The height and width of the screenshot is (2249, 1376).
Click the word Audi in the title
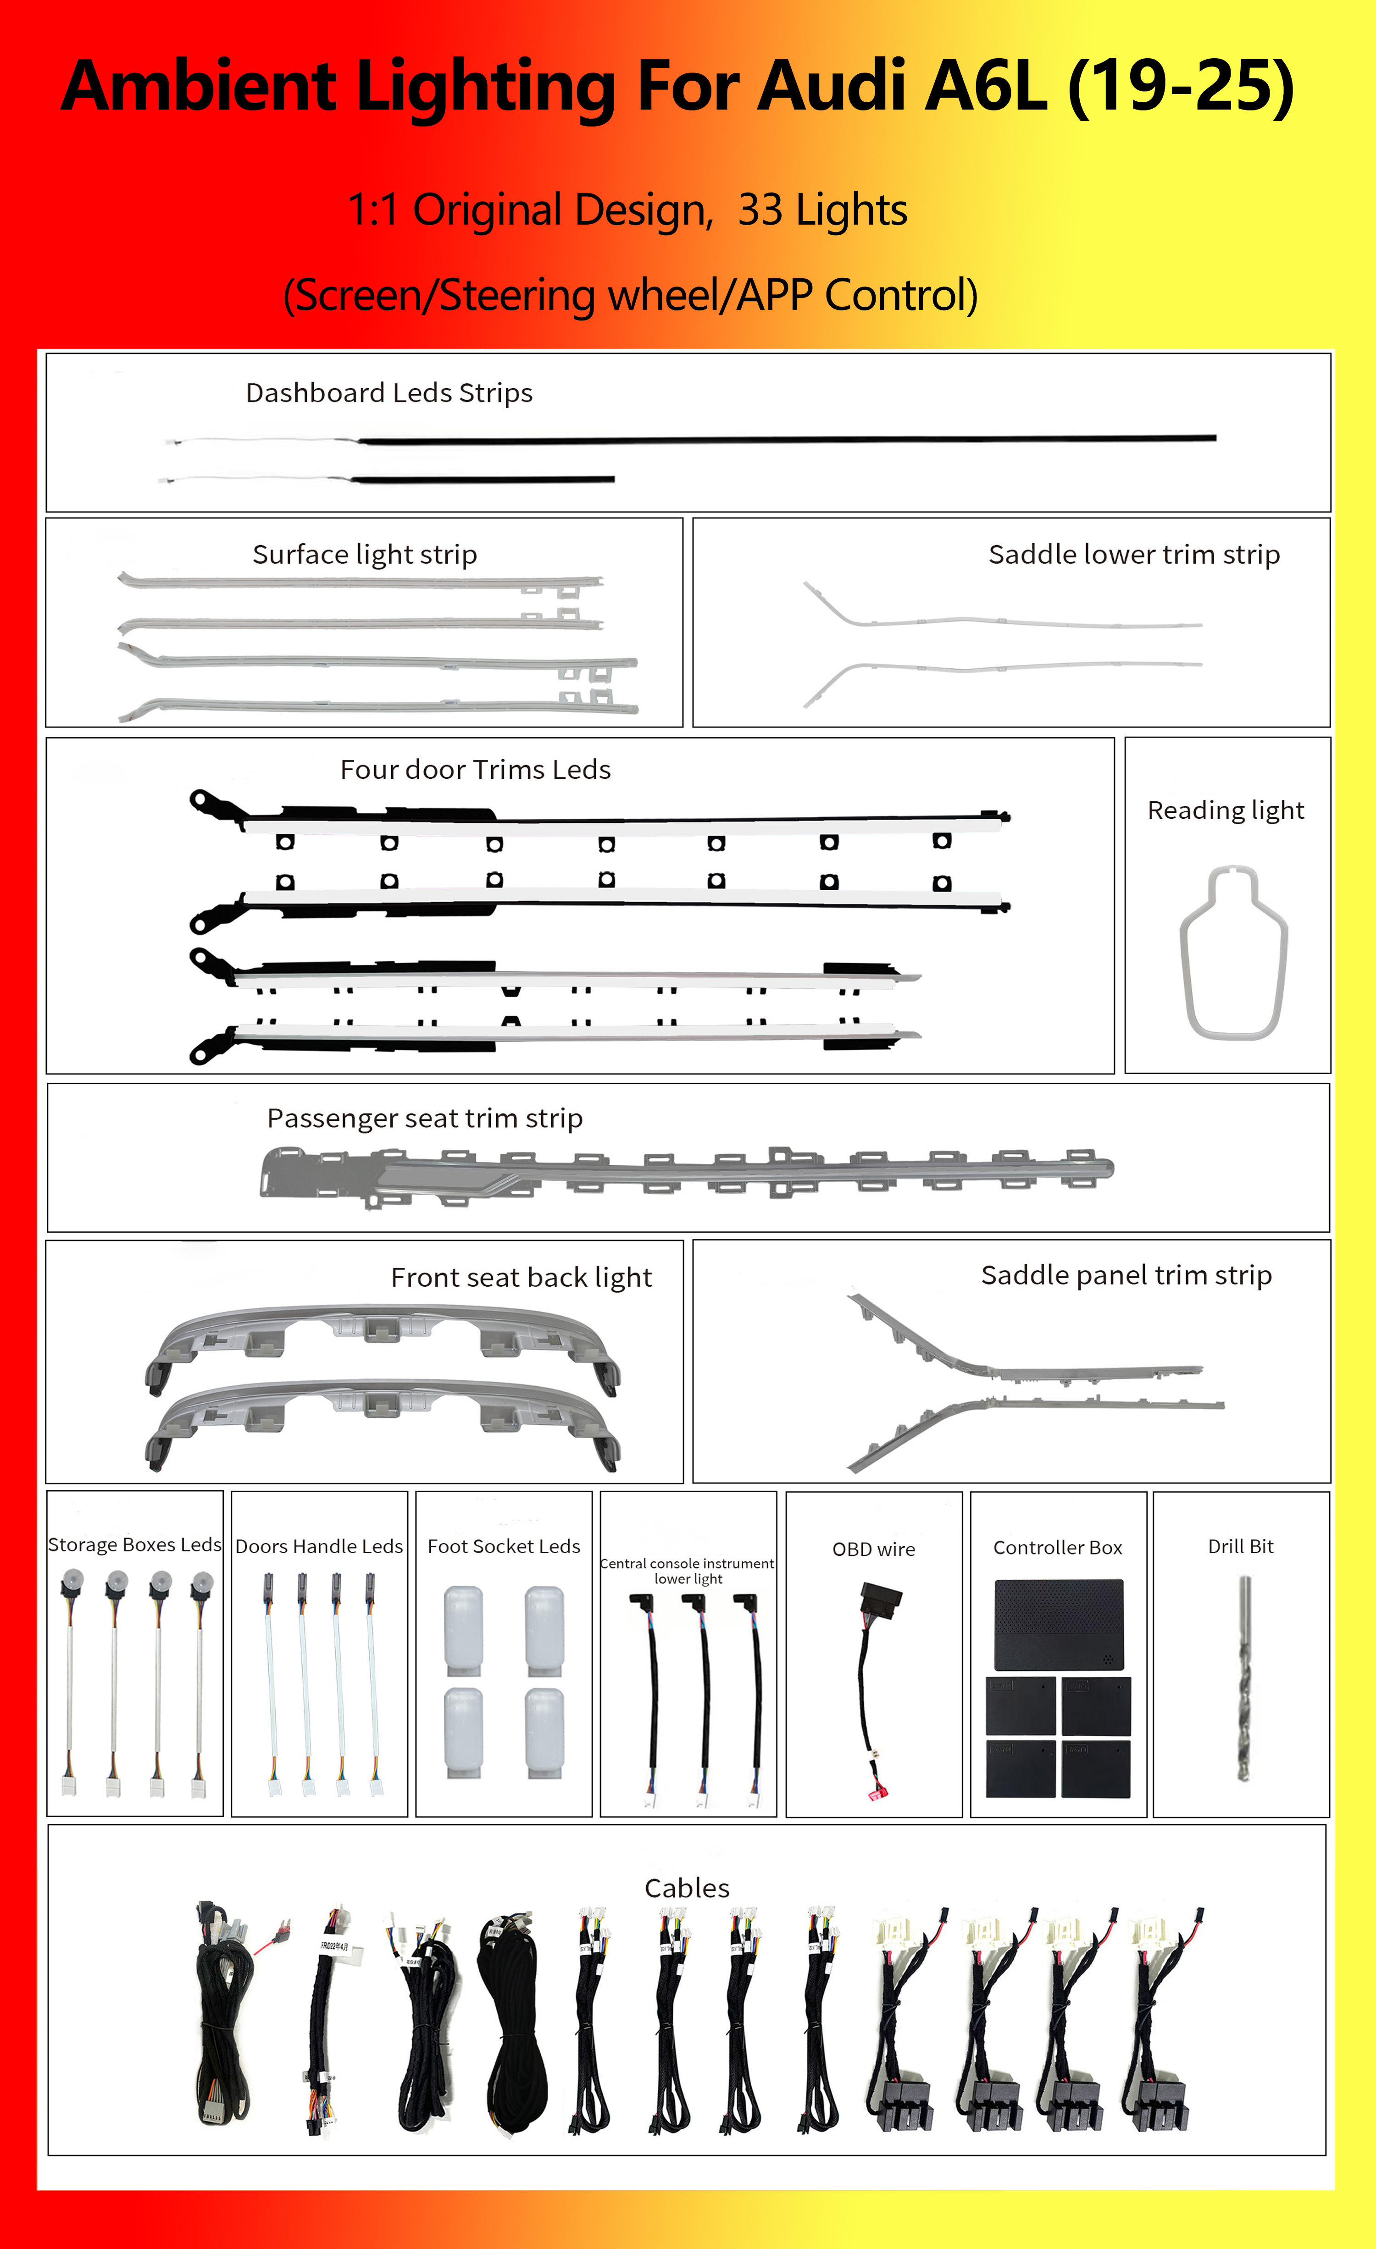pos(838,87)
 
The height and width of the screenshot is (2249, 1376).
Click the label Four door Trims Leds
pos(475,769)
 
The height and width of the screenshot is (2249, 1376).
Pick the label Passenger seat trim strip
pos(425,1118)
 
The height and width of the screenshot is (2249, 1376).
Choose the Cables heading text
pos(687,1888)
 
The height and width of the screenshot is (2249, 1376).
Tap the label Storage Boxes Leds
pos(134,1544)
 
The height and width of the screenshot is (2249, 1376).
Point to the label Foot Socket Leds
pos(503,1546)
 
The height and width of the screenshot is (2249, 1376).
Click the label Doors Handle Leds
pos(319,1546)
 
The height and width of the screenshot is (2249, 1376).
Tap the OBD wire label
pos(873,1549)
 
